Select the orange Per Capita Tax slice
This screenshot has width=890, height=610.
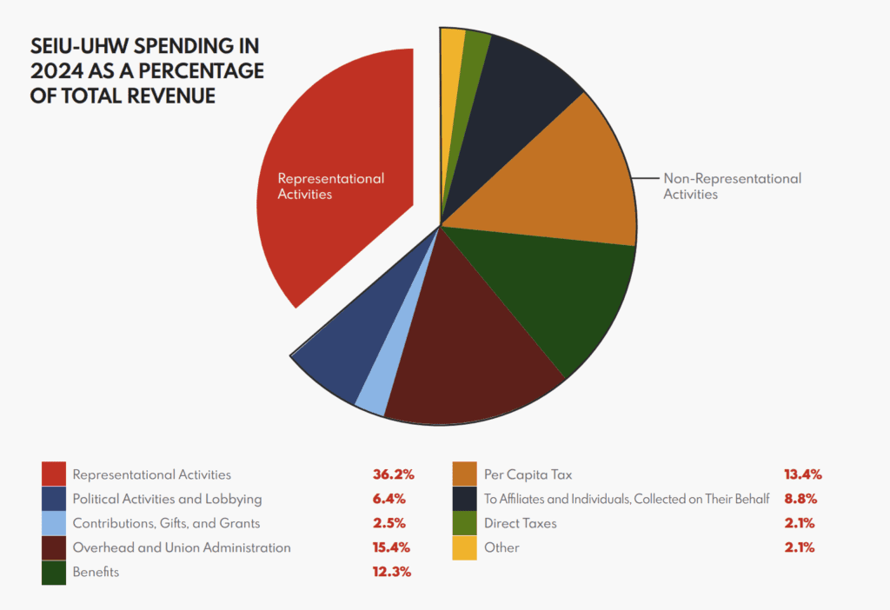(x=556, y=174)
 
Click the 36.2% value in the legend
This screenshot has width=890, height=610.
(x=388, y=474)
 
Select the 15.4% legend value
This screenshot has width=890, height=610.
(x=388, y=547)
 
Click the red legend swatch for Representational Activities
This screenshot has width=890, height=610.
(x=54, y=474)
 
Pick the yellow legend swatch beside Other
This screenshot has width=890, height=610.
(x=465, y=547)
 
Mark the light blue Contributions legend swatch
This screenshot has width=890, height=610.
(x=54, y=523)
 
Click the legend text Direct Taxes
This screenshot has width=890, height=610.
(x=520, y=523)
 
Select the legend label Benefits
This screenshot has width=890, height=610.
(x=96, y=572)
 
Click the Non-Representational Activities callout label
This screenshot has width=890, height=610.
(x=732, y=186)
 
